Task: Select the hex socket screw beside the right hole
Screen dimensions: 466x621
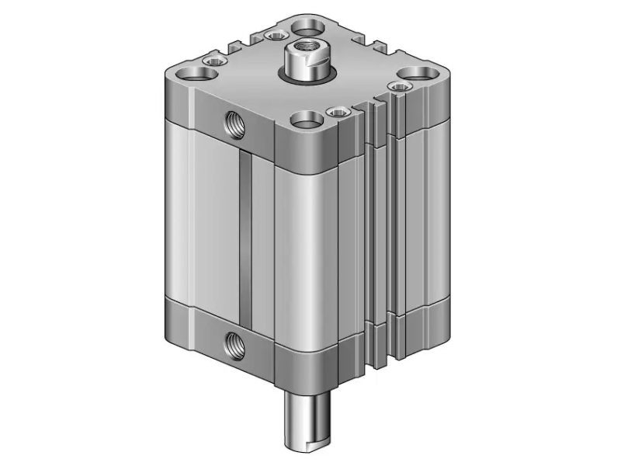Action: pyautogui.click(x=399, y=86)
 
